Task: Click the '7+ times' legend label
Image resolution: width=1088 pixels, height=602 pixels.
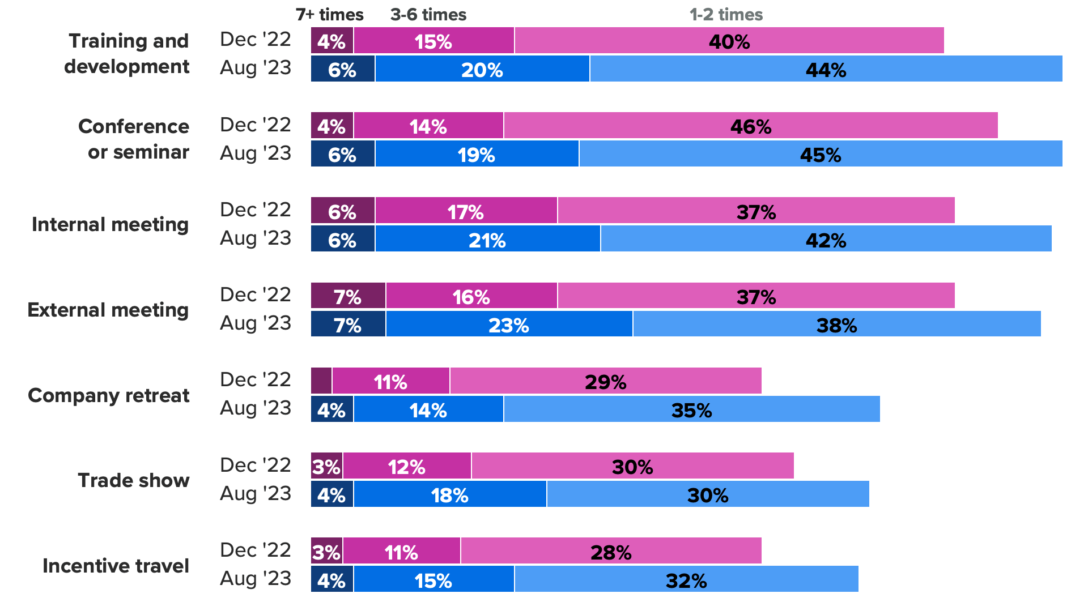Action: pyautogui.click(x=329, y=15)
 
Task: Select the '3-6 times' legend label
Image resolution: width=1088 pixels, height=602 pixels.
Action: pyautogui.click(x=428, y=15)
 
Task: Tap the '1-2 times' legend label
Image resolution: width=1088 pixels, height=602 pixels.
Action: pyautogui.click(x=726, y=15)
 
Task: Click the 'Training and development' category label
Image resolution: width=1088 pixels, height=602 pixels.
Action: pyautogui.click(x=127, y=54)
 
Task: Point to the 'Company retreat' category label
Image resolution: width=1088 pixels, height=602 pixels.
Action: pyautogui.click(x=109, y=395)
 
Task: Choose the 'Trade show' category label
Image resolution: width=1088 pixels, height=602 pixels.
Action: pyautogui.click(x=134, y=480)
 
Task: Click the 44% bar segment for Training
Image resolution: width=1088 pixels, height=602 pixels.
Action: pyautogui.click(x=826, y=69)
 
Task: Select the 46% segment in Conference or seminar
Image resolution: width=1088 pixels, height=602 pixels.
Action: pyautogui.click(x=750, y=126)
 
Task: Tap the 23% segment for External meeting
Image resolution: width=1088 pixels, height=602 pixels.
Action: pyautogui.click(x=509, y=325)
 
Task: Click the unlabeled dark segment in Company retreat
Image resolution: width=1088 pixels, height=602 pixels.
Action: pyautogui.click(x=321, y=381)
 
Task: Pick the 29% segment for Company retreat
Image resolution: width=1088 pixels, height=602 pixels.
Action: pyautogui.click(x=605, y=381)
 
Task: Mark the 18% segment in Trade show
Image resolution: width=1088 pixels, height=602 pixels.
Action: pyautogui.click(x=450, y=494)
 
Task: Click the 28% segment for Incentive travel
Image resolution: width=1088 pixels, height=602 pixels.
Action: pyautogui.click(x=611, y=551)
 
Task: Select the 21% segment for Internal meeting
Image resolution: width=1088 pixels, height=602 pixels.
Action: pyautogui.click(x=487, y=239)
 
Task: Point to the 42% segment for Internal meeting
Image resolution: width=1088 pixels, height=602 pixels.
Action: pyautogui.click(x=826, y=239)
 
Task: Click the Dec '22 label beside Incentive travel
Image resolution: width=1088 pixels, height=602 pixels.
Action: pyautogui.click(x=256, y=550)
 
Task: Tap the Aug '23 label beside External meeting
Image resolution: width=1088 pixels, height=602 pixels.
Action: pyautogui.click(x=256, y=323)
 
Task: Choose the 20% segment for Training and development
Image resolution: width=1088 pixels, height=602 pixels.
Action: pyautogui.click(x=482, y=69)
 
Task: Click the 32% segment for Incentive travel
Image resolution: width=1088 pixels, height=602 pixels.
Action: pyautogui.click(x=686, y=579)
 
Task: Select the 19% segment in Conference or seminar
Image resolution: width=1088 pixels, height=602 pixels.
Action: pyautogui.click(x=477, y=154)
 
